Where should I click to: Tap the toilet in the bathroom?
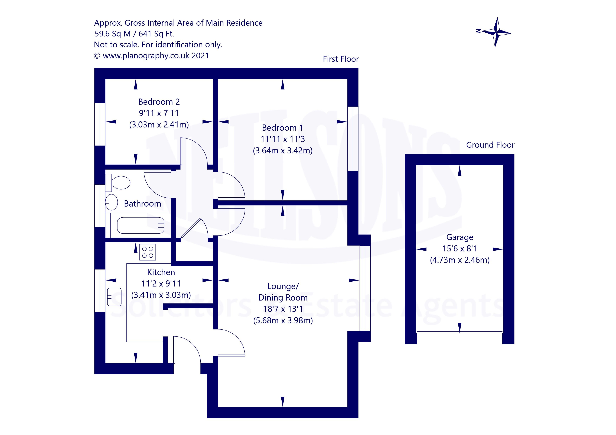coord(118,183)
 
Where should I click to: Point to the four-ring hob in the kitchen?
coord(148,252)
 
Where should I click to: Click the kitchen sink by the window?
coord(114,297)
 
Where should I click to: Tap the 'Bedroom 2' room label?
coord(159,102)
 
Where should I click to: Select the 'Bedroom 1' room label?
coord(282,128)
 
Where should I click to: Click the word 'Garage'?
coord(460,237)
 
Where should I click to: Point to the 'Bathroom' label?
coord(142,204)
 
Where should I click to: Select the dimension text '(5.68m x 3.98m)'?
coord(283,321)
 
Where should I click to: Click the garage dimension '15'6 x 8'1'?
coord(460,249)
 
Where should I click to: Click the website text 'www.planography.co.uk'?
coord(146,56)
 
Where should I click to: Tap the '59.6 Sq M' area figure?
coord(113,34)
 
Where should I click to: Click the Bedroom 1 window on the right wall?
coord(353,139)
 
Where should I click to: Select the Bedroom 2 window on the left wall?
coord(100,124)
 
